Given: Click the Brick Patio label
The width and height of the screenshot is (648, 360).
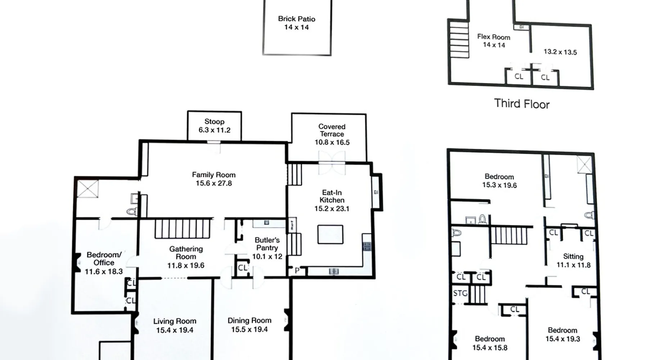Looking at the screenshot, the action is pos(297,19).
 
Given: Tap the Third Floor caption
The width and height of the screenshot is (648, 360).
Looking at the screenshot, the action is pos(522,104).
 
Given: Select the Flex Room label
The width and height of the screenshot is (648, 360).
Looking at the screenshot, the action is pos(494,37).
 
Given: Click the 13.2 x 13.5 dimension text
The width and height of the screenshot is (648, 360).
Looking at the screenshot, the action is pos(560,52).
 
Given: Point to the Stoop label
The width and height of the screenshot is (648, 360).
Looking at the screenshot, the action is pos(214,122).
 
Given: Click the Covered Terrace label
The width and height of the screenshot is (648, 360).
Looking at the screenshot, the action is pos(332,130).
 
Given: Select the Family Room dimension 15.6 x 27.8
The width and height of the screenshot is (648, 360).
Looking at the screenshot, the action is pos(214,183).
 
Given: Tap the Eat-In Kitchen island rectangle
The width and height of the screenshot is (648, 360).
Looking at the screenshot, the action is pos(330,234).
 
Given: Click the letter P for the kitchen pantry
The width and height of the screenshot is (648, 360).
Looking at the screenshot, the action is pos(297,270).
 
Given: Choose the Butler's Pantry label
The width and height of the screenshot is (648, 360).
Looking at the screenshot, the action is pos(267,244).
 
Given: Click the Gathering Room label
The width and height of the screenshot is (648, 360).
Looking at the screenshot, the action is pos(186,253).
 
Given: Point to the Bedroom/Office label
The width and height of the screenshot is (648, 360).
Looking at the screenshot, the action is pos(104,258).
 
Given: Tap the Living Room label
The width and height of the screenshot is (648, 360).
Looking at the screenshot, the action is pos(175,321).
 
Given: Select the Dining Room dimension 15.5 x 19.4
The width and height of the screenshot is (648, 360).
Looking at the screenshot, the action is pos(249,329).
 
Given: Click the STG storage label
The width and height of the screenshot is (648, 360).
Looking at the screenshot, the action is pos(460,293).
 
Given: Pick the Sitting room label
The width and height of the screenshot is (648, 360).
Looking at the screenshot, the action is pos(573,256).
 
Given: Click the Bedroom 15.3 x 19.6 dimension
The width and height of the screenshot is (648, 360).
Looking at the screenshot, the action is pos(499,185).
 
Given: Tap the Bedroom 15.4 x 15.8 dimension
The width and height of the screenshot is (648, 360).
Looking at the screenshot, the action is pos(490,347).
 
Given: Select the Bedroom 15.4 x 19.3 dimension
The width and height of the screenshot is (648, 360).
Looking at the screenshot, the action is pos(562,339).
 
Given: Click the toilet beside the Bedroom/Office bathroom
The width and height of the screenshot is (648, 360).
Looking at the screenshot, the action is pos(132,211).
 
